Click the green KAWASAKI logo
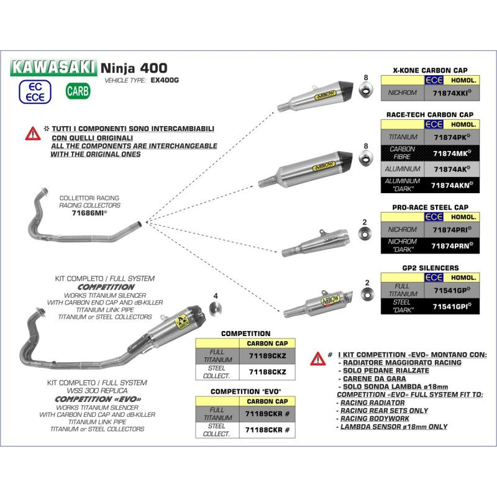click(x=53, y=66)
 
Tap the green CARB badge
click(x=78, y=91)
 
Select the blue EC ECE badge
click(x=35, y=91)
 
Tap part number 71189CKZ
click(x=267, y=355)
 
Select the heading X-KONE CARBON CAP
click(x=431, y=70)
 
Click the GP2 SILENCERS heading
click(x=431, y=268)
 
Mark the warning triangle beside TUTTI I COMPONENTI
click(x=32, y=133)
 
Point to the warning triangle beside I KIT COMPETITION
click(x=317, y=358)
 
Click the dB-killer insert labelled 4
click(x=216, y=308)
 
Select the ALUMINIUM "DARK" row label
click(x=403, y=185)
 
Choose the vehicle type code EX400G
click(x=165, y=81)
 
